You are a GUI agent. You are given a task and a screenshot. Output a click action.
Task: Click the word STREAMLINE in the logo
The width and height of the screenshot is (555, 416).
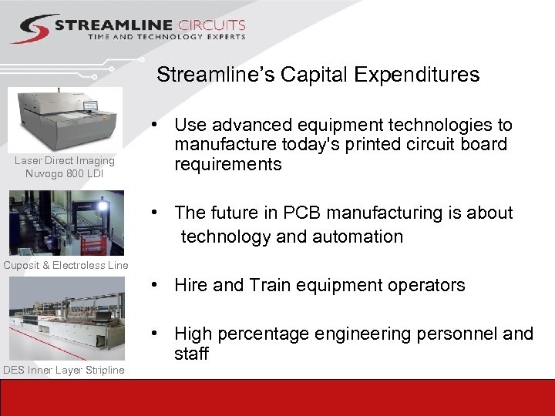113,25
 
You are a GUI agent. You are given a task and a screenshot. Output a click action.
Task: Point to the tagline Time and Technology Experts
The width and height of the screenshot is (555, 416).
166,37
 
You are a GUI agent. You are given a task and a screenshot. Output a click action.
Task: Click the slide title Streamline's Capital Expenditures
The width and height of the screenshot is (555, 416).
318,75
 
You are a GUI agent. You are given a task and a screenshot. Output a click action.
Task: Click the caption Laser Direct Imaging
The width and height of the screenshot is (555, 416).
65,161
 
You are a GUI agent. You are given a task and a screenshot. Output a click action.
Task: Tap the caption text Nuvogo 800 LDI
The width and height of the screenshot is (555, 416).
65,173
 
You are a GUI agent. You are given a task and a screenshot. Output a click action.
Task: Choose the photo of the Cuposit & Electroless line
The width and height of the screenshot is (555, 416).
66,223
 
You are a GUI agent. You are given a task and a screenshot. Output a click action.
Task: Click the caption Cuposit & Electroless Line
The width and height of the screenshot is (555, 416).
66,266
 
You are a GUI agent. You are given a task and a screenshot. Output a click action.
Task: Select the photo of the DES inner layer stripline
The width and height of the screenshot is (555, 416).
66,319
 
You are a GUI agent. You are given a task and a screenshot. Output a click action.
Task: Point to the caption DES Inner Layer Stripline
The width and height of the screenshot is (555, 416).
63,371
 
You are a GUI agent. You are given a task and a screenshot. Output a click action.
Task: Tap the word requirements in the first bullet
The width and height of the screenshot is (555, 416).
228,164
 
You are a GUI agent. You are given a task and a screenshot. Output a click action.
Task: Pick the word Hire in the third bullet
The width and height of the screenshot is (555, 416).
191,285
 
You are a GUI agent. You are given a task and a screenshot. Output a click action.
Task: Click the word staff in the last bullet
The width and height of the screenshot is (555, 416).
191,354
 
